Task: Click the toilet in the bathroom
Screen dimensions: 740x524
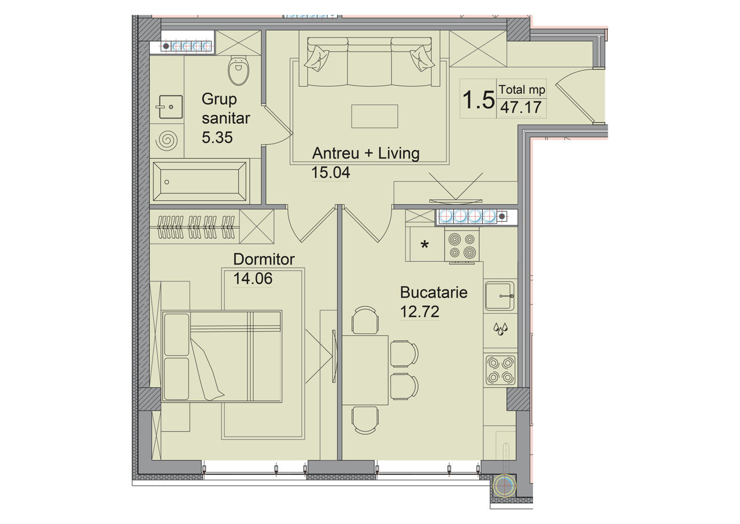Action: [x=238, y=71]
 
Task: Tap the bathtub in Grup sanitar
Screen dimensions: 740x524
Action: [x=199, y=181]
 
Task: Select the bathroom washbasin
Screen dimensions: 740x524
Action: [x=169, y=107]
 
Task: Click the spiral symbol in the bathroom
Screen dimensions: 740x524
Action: [x=166, y=140]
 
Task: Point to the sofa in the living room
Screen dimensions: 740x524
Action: [x=369, y=62]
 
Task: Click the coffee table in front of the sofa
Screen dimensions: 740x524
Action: [x=375, y=116]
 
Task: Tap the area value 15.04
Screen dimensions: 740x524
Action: [x=331, y=173]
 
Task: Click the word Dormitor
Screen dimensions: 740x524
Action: [x=264, y=259]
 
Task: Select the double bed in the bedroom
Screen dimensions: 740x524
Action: [x=221, y=356]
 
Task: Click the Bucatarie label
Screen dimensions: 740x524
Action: [x=434, y=292]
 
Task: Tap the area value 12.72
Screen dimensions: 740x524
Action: [x=420, y=312]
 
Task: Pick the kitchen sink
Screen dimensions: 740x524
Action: [x=499, y=296]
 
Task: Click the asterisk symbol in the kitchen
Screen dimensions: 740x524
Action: [x=424, y=245]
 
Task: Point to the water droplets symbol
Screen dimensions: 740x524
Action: [x=500, y=329]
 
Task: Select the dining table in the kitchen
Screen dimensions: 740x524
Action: [x=365, y=370]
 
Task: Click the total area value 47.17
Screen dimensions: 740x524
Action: [x=521, y=107]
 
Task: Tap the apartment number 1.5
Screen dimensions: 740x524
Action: [x=478, y=100]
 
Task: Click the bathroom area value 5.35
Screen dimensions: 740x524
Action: [x=217, y=137]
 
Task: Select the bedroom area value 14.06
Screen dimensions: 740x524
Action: [x=253, y=279]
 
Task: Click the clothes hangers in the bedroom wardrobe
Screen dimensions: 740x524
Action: [x=196, y=228]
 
